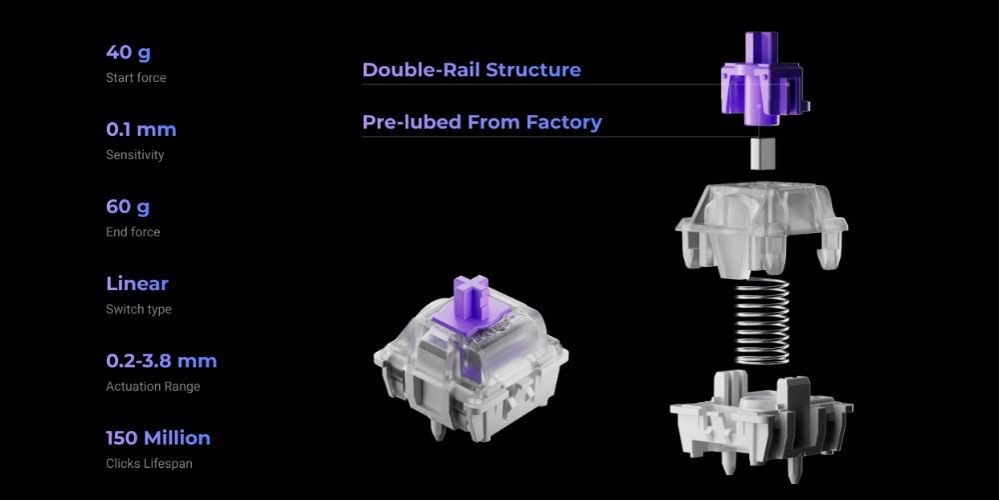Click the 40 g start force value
[128, 52]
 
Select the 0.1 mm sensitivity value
[141, 129]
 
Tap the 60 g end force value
[128, 207]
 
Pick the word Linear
[137, 283]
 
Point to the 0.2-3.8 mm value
[161, 361]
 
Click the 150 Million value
[158, 438]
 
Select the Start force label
[136, 78]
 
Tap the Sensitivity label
[135, 155]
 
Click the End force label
[133, 232]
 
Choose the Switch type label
[138, 309]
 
